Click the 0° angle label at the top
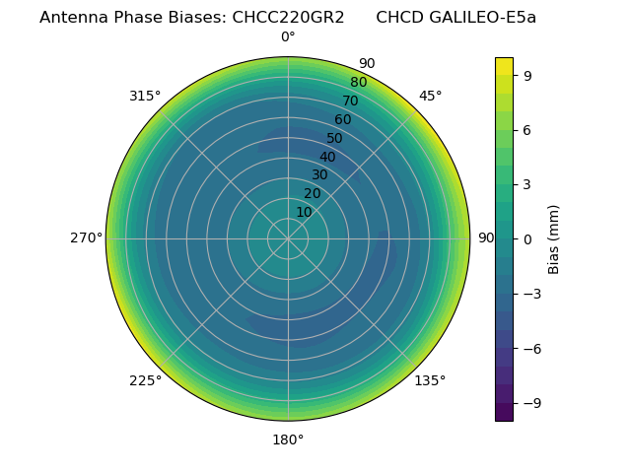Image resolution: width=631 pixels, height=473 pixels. [288, 37]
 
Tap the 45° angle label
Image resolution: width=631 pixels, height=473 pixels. [430, 97]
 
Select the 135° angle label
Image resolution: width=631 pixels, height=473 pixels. [430, 380]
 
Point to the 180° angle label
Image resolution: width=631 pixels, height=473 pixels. [288, 439]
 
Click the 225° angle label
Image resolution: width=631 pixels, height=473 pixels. [145, 380]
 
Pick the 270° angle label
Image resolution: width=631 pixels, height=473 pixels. [86, 238]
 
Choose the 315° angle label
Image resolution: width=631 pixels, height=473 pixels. [145, 97]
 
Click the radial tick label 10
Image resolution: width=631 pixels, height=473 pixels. [304, 212]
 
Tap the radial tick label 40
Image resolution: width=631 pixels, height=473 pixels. [327, 157]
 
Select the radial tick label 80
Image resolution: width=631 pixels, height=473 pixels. [358, 83]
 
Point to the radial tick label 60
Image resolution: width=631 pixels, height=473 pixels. [342, 120]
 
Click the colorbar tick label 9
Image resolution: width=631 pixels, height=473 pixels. [528, 75]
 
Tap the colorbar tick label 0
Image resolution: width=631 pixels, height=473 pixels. [528, 238]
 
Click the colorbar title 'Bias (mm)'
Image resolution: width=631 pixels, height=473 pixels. [554, 238]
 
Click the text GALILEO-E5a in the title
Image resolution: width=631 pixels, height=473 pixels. [483, 18]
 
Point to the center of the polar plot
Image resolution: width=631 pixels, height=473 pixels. [288, 238]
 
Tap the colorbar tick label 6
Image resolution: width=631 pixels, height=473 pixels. [528, 129]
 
